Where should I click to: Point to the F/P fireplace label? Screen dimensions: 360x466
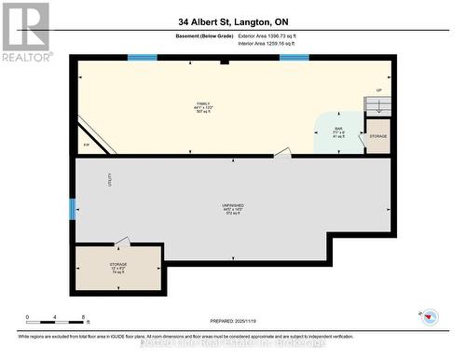pyautogui.click(x=87, y=145)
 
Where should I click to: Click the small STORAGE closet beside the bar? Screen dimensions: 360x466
pyautogui.click(x=377, y=136)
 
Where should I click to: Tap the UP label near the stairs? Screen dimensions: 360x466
pyautogui.click(x=378, y=90)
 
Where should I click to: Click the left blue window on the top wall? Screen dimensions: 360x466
pyautogui.click(x=142, y=58)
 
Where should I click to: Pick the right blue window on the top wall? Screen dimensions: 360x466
pyautogui.click(x=294, y=58)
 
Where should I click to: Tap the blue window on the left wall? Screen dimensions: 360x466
pyautogui.click(x=72, y=209)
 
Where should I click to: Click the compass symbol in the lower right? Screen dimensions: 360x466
pyautogui.click(x=429, y=316)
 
